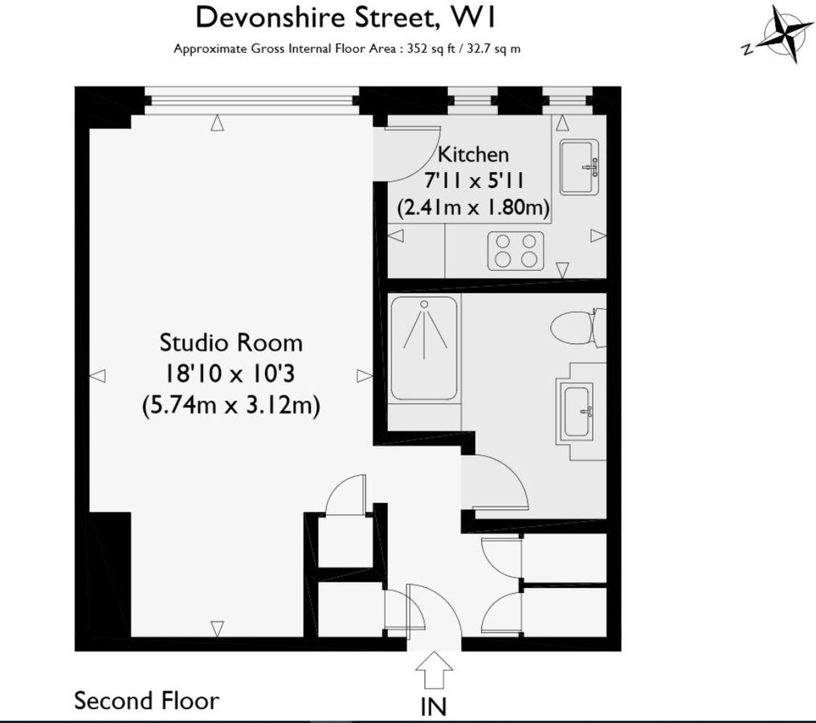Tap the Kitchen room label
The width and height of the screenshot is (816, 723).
tap(473, 153)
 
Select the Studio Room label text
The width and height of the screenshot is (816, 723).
tap(231, 343)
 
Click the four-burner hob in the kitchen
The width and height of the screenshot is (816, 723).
tap(516, 250)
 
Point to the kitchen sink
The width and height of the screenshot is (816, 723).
tap(579, 167)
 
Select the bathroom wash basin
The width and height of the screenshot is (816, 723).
tap(576, 411)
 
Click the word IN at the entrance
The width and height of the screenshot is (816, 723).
tap(435, 706)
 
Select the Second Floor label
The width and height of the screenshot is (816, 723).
tap(146, 701)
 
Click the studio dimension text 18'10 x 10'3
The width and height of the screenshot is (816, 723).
tap(231, 374)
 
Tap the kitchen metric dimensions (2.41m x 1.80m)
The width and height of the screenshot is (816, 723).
tap(473, 209)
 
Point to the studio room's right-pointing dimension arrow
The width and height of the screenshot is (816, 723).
tap(364, 375)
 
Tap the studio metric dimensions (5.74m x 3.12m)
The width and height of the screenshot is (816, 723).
tap(231, 406)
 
